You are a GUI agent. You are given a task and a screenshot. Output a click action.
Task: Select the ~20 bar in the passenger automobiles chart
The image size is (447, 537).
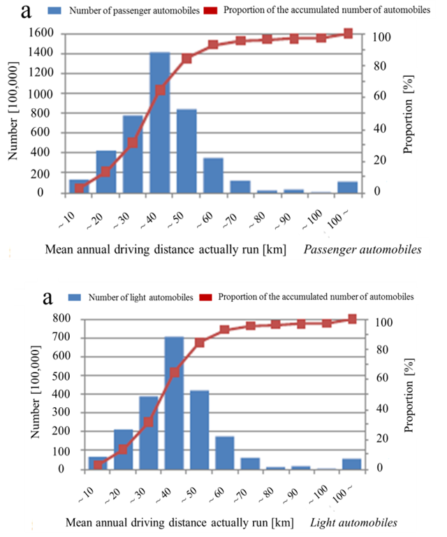point(106,172)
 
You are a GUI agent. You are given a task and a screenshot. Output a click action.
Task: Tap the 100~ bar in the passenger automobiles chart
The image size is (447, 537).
point(347,187)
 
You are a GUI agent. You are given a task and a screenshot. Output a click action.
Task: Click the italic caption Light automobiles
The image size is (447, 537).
point(354,522)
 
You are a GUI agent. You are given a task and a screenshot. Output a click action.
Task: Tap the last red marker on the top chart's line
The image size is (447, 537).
point(348,34)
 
